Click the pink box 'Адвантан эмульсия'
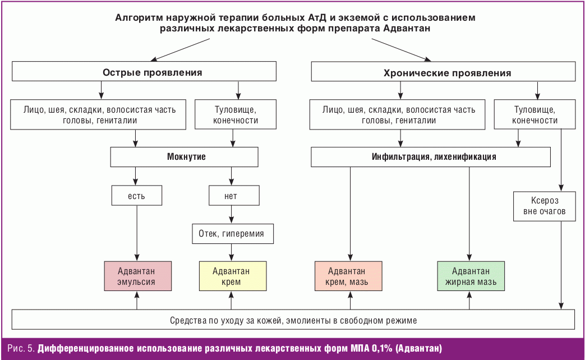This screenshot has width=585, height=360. click(x=137, y=276)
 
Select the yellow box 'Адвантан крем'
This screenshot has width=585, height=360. click(x=231, y=276)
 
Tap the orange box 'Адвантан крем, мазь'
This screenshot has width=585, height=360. click(x=350, y=276)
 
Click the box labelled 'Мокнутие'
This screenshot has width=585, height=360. click(x=185, y=157)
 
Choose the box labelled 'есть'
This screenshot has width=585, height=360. click(x=137, y=196)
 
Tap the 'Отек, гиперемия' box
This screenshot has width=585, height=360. click(x=231, y=233)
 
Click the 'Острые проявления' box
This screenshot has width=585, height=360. click(x=145, y=72)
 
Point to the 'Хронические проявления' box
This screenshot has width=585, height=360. click(x=443, y=72)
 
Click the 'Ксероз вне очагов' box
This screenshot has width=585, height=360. click(x=544, y=206)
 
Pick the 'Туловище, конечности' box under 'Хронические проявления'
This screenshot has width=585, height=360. click(x=536, y=114)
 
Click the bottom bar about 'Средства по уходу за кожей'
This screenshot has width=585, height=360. click(x=293, y=320)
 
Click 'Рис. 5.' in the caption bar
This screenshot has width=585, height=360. click(x=21, y=349)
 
